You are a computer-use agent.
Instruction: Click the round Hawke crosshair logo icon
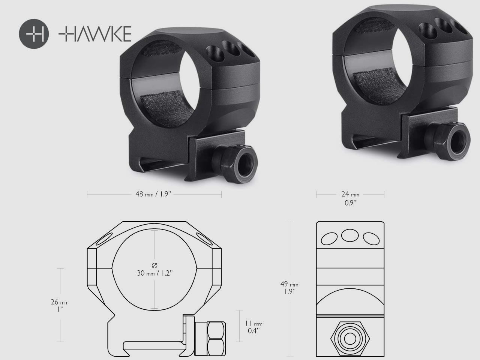click(34, 33)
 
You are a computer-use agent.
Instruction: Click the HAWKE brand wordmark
click(95, 34)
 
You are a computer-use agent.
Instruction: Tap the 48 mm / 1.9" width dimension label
click(154, 194)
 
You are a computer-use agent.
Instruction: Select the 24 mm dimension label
click(350, 194)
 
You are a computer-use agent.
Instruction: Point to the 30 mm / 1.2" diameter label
click(154, 273)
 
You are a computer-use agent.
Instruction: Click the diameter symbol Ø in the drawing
click(154, 265)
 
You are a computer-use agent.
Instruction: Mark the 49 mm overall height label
click(291, 285)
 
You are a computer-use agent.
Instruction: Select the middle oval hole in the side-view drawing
click(349, 235)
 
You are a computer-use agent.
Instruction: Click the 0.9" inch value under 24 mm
click(350, 203)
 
